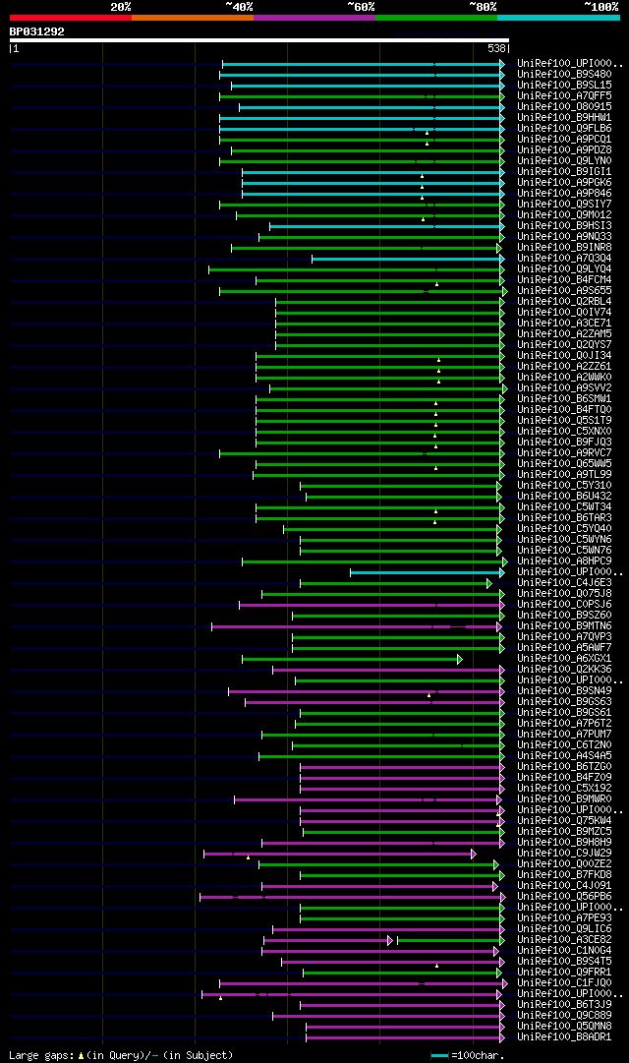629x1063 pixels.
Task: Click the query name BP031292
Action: (x=36, y=31)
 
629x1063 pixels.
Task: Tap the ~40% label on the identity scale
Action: (x=239, y=7)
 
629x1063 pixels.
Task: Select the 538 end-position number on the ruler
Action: (x=496, y=48)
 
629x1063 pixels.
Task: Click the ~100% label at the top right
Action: (x=601, y=7)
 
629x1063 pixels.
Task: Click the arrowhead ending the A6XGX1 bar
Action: (x=459, y=659)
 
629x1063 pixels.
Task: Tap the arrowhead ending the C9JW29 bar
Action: (x=473, y=854)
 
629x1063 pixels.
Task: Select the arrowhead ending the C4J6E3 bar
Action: (x=488, y=583)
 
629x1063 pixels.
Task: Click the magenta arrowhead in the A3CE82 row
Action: (x=389, y=940)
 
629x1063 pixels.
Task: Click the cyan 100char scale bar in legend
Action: (x=439, y=1055)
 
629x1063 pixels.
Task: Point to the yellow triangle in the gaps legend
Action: (x=81, y=1055)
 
